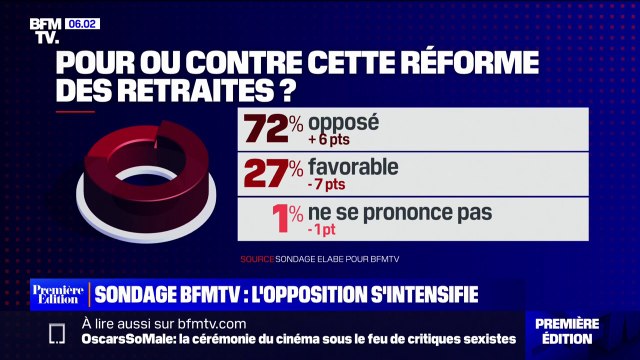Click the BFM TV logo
(x=43, y=30)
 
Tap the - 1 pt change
(x=326, y=229)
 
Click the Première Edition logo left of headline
(x=58, y=295)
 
